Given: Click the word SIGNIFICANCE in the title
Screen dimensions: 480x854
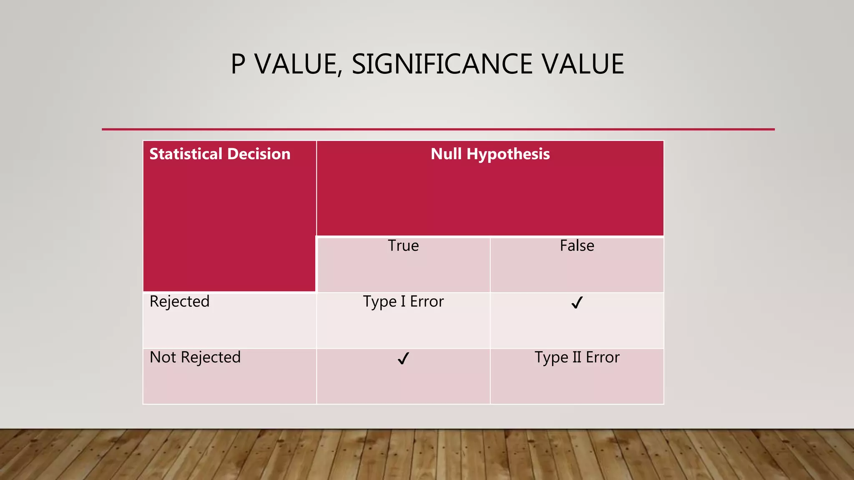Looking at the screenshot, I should click(x=442, y=64).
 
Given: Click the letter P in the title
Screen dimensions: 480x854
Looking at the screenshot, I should click(x=238, y=64).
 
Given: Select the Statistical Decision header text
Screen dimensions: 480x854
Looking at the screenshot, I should click(x=220, y=154).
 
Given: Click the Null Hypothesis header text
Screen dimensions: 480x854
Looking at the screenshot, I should click(x=490, y=154).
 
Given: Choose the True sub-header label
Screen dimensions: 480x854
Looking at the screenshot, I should click(x=403, y=246).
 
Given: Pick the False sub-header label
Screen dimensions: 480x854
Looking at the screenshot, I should click(x=577, y=246).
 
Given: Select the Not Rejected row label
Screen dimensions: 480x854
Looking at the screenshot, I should click(x=195, y=357).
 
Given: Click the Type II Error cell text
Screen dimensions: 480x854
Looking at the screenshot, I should click(x=577, y=357).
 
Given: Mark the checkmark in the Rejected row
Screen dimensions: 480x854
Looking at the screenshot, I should click(x=577, y=302).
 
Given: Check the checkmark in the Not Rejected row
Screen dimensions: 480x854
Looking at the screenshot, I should click(x=403, y=358).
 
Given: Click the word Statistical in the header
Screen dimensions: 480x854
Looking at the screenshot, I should click(x=186, y=154).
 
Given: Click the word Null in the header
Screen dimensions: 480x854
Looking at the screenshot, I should click(x=446, y=154).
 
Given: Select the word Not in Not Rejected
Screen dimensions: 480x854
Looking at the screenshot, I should click(x=163, y=357).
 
